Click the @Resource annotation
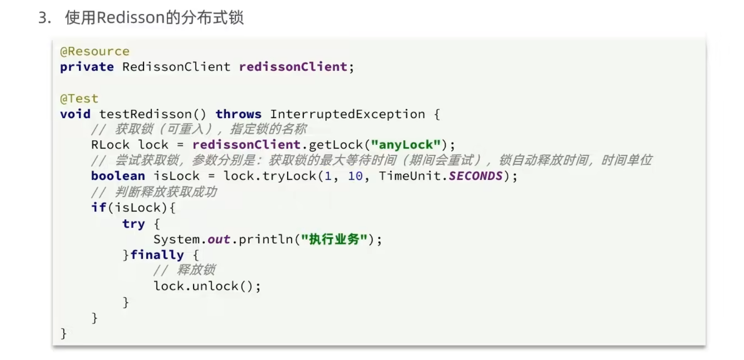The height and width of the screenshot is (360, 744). tap(95, 51)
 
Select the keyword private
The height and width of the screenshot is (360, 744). tap(87, 67)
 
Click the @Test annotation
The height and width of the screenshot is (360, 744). tap(79, 99)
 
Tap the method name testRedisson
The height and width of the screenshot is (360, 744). tap(146, 114)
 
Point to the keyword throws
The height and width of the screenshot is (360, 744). tap(238, 114)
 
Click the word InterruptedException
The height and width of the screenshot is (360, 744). tap(347, 114)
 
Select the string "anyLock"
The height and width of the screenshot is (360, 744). tap(406, 145)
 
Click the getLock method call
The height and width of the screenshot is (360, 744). tap(336, 145)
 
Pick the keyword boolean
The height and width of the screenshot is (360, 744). tap(118, 176)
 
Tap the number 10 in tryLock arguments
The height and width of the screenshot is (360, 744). tap(355, 176)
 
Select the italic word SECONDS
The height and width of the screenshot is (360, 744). tap(476, 176)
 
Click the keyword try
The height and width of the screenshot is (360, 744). tap(134, 224)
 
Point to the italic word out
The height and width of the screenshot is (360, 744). tap(219, 239)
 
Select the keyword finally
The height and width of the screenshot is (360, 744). tap(157, 255)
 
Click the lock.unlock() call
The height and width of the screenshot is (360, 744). tap(207, 286)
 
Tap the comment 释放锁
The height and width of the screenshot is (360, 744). tap(196, 270)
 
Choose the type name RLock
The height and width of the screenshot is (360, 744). tap(110, 145)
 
